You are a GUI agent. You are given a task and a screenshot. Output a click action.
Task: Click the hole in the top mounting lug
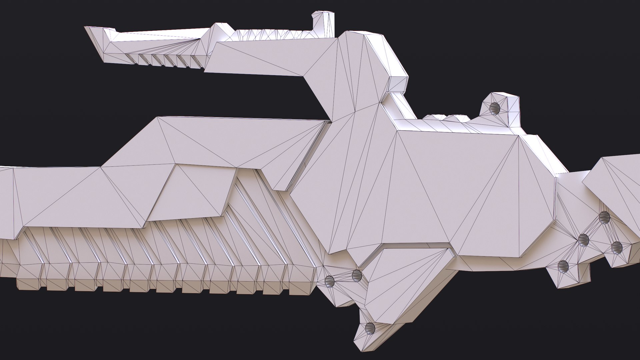[x=495, y=108]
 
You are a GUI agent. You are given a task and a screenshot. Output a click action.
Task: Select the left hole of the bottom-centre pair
[x=329, y=281]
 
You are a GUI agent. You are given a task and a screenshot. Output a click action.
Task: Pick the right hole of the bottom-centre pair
[x=356, y=275]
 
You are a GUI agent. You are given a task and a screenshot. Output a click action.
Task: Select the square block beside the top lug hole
[x=512, y=110]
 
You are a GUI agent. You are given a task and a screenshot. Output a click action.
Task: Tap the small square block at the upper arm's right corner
[x=398, y=83]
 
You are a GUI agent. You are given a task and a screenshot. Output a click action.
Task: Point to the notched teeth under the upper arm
[x=167, y=59]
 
